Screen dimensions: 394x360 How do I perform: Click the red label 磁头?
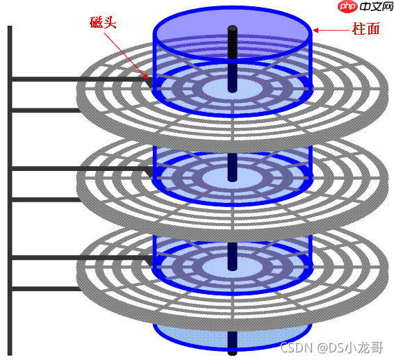[103, 23]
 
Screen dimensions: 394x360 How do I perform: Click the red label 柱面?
[366, 28]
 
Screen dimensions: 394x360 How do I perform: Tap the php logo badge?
[347, 6]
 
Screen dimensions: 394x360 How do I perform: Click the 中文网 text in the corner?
[376, 6]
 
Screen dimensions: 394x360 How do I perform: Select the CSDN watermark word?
[296, 347]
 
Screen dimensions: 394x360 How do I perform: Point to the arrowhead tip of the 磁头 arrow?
[148, 79]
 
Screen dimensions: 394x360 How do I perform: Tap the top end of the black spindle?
[232, 26]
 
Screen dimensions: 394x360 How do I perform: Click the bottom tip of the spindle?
[232, 354]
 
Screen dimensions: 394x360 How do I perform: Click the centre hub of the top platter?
[232, 88]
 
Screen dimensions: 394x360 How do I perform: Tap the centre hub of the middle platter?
[232, 178]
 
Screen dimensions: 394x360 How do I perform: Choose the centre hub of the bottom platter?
[232, 266]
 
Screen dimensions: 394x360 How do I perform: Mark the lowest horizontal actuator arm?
[46, 288]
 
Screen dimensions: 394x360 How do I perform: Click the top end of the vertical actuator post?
[10, 26]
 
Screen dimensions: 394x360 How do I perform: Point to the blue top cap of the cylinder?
[232, 33]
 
